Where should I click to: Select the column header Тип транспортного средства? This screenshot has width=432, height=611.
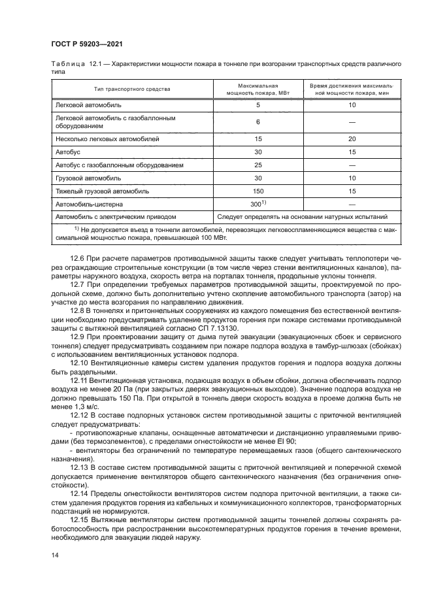(131, 89)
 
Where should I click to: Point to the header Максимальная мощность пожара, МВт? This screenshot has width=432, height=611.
(258, 89)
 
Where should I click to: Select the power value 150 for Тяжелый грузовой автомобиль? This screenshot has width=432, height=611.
(258, 191)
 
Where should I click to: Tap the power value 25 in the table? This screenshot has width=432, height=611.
(258, 165)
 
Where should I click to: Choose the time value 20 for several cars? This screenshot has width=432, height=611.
(352, 139)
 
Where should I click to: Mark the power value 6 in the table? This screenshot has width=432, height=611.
(258, 122)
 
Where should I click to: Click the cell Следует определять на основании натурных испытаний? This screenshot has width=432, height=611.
(303, 216)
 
